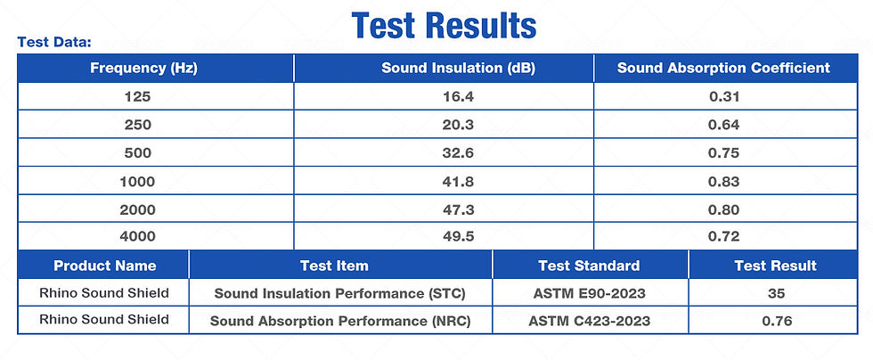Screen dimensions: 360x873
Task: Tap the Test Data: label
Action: coord(55,42)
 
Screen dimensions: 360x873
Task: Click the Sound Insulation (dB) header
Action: coord(458,68)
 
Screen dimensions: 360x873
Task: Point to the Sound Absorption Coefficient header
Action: coord(723,68)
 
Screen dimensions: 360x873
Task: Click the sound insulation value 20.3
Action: coord(458,124)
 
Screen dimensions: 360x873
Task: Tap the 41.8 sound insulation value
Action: coord(458,181)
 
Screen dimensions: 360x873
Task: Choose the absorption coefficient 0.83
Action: coord(724,181)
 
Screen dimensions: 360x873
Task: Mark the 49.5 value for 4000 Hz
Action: coord(458,236)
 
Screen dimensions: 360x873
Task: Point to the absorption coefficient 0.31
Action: coord(724,95)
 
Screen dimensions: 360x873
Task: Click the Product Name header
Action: coord(104,266)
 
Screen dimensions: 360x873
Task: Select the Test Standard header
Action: coord(589,266)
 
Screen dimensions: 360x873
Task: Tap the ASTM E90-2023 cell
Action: coord(589,292)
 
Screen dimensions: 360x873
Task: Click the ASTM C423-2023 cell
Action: coord(589,321)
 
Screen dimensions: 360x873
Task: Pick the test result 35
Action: coord(775,292)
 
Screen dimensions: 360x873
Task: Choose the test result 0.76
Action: coord(775,321)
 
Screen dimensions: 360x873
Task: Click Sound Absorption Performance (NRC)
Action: coord(339,321)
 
